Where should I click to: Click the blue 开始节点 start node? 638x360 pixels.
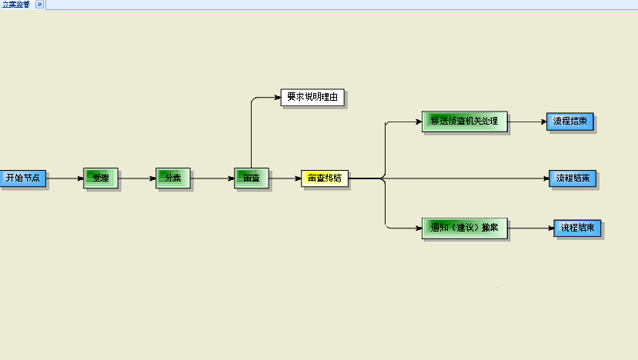pos(22,178)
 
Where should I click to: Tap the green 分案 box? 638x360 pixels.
pos(172,178)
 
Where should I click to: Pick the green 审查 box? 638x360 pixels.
pos(251,178)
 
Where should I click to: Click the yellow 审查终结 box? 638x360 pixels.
pos(325,178)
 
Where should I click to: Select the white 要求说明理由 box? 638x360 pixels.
pos(312,98)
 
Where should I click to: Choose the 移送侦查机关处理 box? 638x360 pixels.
pos(464,121)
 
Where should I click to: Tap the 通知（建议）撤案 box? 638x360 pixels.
pos(464,227)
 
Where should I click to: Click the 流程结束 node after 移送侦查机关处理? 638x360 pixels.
pos(570,121)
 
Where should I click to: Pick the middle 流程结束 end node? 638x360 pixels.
pos(573,178)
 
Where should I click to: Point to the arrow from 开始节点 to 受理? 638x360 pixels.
pos(65,178)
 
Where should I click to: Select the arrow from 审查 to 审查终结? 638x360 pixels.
pos(284,178)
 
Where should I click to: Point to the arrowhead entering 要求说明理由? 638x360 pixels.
pos(277,98)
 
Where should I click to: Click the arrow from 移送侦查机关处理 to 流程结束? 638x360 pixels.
pos(527,121)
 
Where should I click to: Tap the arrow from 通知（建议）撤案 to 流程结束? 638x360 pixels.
pos(530,228)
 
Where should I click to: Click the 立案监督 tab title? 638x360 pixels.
pos(16,5)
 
